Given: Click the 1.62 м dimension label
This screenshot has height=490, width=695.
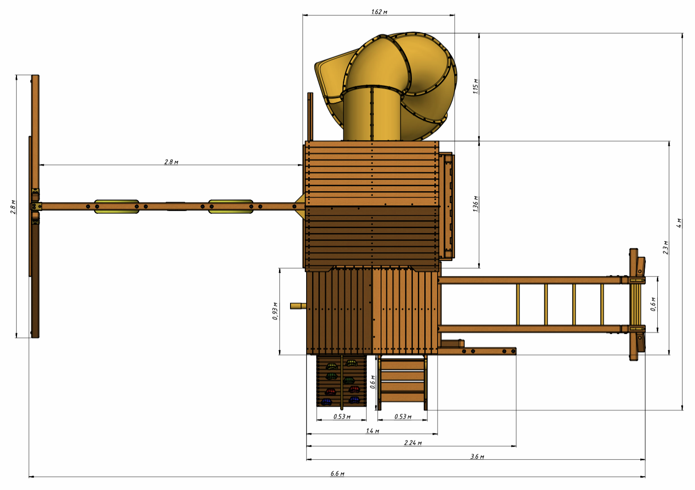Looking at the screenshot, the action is [x=379, y=12].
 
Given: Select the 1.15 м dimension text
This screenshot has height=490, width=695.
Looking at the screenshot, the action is [x=476, y=86].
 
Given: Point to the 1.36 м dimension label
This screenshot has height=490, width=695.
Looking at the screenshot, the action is [x=476, y=204].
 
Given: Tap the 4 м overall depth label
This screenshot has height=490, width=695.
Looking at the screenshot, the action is [x=679, y=223].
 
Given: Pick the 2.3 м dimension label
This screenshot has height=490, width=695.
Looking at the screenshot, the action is [x=666, y=247].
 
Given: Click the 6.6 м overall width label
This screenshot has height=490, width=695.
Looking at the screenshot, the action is [x=337, y=473].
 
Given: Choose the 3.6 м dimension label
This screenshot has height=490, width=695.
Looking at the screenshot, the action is [x=477, y=456].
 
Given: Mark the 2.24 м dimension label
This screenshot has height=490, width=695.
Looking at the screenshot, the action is [x=413, y=443].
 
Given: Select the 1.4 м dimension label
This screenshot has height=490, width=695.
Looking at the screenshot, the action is [x=372, y=431].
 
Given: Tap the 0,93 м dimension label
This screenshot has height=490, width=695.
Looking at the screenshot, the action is [x=275, y=311].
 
